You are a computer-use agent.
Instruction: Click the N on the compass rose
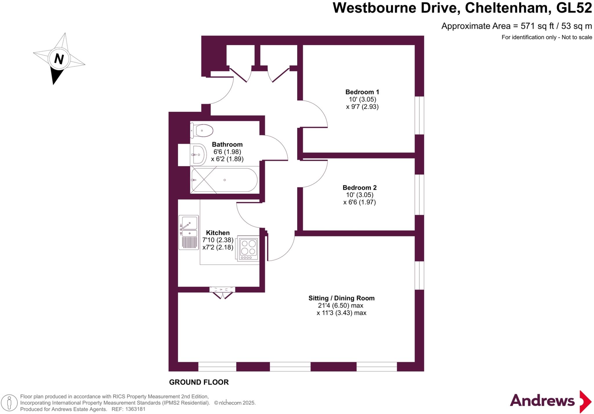tap(59, 59)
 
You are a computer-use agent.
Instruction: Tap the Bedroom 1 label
tap(362, 92)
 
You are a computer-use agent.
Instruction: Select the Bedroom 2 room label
tap(359, 188)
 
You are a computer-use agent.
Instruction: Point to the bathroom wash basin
tap(198, 155)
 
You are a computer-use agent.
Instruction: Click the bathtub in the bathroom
tap(224, 180)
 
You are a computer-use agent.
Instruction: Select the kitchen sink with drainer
tap(189, 232)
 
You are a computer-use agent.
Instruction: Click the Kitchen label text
tap(218, 233)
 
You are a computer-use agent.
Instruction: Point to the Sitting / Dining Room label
tap(341, 298)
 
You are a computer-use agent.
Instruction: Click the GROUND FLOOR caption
tap(199, 382)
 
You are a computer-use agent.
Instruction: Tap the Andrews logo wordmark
tap(542, 401)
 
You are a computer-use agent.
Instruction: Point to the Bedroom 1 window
tap(419, 115)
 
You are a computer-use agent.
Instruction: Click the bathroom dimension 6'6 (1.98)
tap(227, 152)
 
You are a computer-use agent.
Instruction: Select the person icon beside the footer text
tap(9, 403)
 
